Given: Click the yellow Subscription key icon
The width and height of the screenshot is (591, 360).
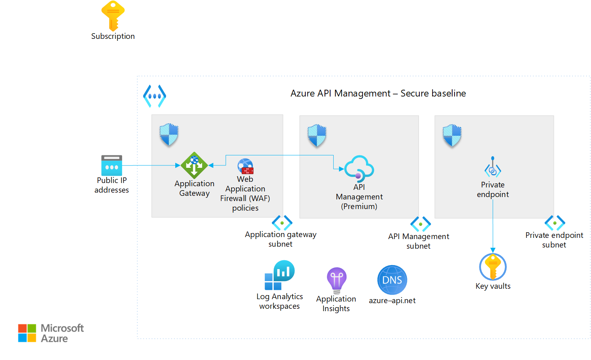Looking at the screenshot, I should coord(113,16).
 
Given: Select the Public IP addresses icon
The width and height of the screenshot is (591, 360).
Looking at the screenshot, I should coord(112,165).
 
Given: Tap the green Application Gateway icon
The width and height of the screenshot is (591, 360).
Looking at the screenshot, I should coord(194,165).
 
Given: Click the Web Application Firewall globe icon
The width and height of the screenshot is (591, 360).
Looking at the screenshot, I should coord(245,166).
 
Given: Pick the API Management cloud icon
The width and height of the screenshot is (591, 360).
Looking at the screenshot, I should coord(359,167).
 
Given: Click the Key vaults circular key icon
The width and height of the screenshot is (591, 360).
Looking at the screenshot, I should coord(493,267).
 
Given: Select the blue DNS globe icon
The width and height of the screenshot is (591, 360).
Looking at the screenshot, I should coord(392,280).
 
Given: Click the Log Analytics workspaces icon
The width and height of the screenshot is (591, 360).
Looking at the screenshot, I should coord(279,275).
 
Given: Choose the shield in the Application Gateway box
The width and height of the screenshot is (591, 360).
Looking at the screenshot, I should coord(169,134).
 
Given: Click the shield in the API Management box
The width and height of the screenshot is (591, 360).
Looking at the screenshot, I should coord(317,135).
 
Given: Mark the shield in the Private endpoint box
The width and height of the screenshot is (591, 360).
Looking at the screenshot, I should coord(452,135).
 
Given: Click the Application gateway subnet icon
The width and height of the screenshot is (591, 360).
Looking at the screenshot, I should coord(282,223).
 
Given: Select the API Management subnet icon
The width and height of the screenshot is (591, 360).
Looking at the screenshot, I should coord(421,224).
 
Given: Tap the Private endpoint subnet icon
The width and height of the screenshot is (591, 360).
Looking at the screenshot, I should coord(555,223).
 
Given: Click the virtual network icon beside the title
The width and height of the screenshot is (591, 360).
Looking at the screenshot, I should coord(154,96).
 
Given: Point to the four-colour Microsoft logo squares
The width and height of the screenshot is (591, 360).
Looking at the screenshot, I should coord(27,333).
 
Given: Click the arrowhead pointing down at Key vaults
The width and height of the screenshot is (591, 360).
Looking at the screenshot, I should coord(493,250).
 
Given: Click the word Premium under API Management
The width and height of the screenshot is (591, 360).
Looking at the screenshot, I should coord(359,207).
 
